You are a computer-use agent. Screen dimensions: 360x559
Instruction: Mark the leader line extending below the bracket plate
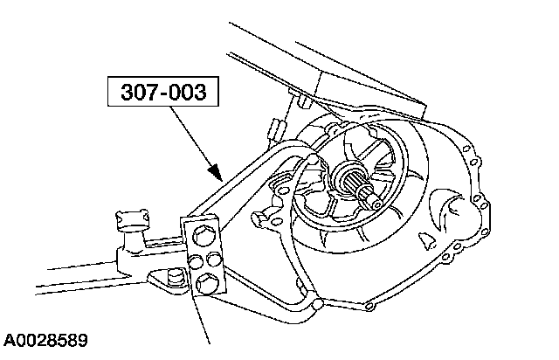(209, 323)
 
